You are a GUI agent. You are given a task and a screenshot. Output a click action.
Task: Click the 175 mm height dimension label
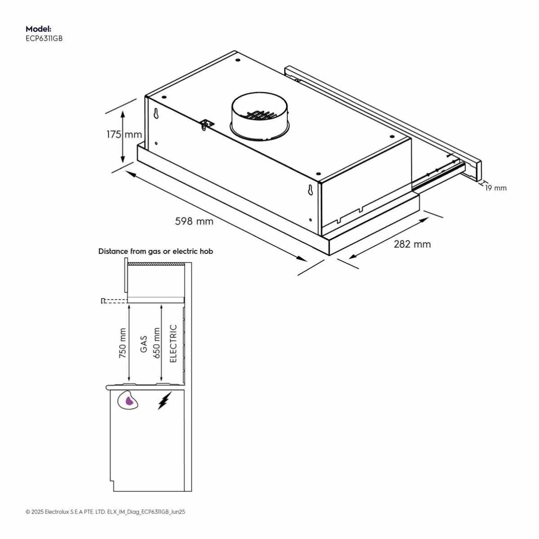click(x=124, y=135)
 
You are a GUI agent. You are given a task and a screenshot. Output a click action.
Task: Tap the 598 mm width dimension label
click(x=194, y=221)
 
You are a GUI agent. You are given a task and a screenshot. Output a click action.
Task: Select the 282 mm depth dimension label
click(x=412, y=244)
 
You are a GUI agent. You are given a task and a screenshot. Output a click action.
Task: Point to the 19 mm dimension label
click(x=496, y=188)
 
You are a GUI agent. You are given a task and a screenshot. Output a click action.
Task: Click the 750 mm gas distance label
click(x=123, y=343)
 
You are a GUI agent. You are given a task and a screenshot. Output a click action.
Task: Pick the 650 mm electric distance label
click(x=156, y=343)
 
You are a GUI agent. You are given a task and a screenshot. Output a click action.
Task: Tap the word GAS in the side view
click(x=144, y=345)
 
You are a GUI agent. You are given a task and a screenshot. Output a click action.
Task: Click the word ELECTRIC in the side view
click(x=173, y=344)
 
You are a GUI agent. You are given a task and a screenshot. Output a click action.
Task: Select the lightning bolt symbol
click(x=165, y=401)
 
